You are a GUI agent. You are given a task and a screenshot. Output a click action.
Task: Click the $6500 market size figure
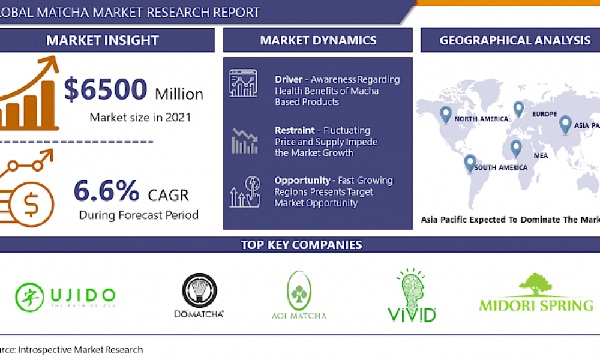coord(106,91)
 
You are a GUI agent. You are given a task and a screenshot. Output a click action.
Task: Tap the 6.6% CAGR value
coord(106,191)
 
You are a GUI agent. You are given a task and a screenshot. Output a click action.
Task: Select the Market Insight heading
coord(102,41)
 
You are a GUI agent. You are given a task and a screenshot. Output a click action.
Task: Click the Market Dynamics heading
coord(318,41)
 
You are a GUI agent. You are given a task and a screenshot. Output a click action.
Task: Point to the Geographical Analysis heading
coord(514,41)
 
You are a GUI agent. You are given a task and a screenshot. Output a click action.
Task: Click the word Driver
coord(289,80)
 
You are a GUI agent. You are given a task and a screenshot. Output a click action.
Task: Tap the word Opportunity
coord(302,181)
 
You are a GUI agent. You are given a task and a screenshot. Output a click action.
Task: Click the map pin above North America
coord(445,115)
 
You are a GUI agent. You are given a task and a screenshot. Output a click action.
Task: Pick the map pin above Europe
coord(518,109)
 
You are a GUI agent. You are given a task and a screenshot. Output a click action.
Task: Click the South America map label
coord(501,167)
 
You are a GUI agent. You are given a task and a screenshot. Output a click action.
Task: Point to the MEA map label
coord(541,155)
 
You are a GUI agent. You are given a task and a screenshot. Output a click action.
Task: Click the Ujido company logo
coord(65,296)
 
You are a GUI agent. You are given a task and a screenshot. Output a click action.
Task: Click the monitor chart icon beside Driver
coord(243,84)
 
